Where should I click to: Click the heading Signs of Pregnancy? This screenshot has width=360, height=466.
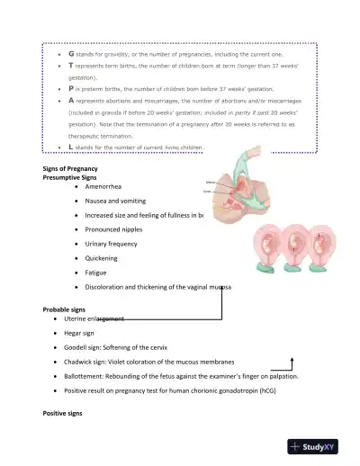pyautogui.click(x=70, y=170)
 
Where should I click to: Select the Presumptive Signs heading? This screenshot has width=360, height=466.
pyautogui.click(x=73, y=179)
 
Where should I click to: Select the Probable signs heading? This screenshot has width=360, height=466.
pyautogui.click(x=65, y=309)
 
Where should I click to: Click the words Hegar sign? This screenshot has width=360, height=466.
pyautogui.click(x=82, y=333)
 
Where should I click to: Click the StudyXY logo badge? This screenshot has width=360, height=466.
pyautogui.click(x=319, y=447)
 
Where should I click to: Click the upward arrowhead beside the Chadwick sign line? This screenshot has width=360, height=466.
pyautogui.click(x=292, y=358)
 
